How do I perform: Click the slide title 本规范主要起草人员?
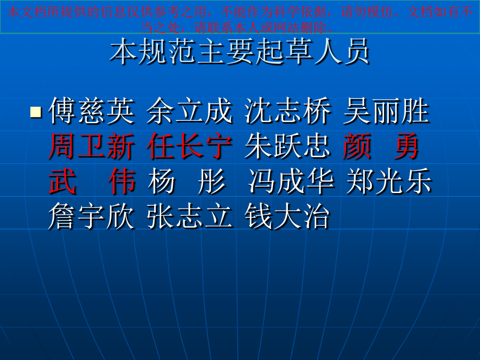click(x=239, y=51)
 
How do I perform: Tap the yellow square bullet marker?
click(x=36, y=112)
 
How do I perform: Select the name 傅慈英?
click(x=92, y=110)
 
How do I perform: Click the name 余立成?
click(x=189, y=110)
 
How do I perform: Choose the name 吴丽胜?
click(x=386, y=110)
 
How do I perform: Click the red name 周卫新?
click(x=92, y=146)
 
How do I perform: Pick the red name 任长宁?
click(x=189, y=146)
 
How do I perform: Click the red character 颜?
click(x=357, y=146)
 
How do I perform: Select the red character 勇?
click(x=406, y=146)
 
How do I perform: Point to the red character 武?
click(x=62, y=181)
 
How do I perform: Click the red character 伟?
click(x=122, y=181)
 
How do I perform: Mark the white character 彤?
click(x=212, y=181)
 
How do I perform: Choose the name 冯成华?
click(x=291, y=181)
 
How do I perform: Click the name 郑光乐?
click(x=389, y=181)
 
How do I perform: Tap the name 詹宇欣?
click(x=92, y=217)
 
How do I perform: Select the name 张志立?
click(x=189, y=217)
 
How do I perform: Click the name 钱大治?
click(x=287, y=217)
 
